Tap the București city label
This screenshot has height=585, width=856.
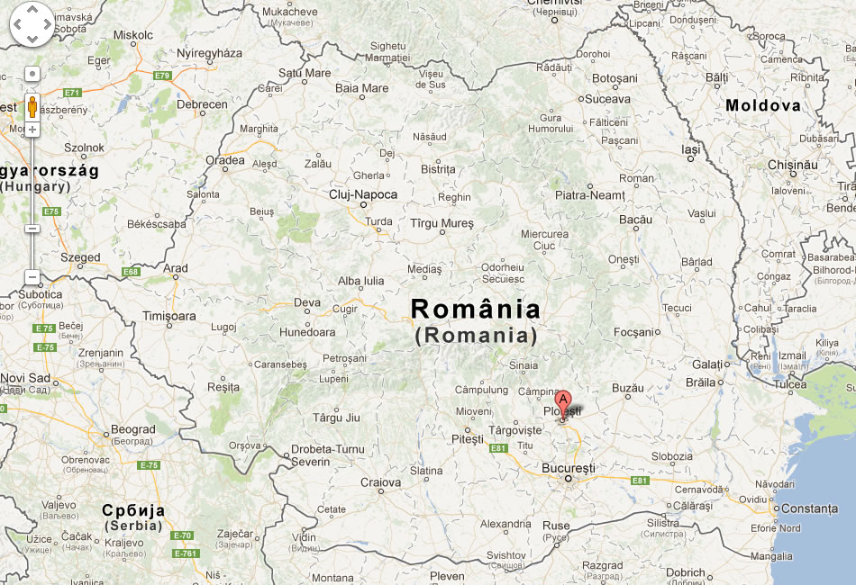coord(568,468)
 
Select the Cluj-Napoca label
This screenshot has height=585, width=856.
coord(362,193)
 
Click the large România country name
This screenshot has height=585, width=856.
coord(476,310)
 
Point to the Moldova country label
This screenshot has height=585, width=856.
coord(762,105)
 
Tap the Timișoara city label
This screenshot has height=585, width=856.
coord(168,316)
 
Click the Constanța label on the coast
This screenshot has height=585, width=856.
coord(808,508)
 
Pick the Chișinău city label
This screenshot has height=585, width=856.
coord(792,165)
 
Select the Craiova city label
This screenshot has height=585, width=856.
coord(380,482)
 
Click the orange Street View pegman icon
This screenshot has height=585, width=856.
coord(32,107)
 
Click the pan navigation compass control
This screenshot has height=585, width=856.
coord(32,24)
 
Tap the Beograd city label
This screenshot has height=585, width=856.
coord(133,429)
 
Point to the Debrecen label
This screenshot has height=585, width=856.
coord(202,104)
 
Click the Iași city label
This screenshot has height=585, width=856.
coord(690,150)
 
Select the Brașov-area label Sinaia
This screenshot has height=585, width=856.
coord(524,366)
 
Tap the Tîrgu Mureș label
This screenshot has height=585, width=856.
coord(442,222)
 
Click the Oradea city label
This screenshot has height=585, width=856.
coord(224,160)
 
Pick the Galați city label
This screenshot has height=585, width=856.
coord(708,364)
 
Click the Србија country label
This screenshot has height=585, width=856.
coord(132,509)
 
